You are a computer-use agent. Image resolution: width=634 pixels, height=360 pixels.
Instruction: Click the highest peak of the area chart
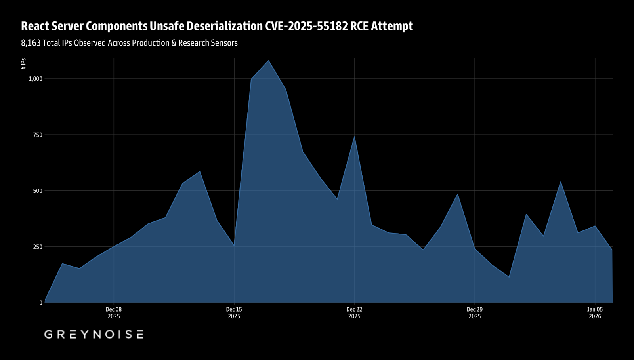[269, 61]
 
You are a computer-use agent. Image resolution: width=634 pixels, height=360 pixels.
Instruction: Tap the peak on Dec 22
[354, 137]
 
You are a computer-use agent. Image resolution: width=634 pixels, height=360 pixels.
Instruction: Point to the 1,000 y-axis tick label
[35, 79]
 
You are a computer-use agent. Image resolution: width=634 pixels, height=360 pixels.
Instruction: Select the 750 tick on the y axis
[38, 135]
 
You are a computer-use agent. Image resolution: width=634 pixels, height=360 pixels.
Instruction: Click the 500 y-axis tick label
[38, 191]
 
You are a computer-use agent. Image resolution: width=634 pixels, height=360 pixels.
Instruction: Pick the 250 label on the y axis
[38, 247]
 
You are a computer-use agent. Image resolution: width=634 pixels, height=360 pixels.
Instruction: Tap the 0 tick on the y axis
[41, 303]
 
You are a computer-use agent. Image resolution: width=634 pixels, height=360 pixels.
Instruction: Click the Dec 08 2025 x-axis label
[114, 313]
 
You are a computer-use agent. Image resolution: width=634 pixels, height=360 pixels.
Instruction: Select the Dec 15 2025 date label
[234, 313]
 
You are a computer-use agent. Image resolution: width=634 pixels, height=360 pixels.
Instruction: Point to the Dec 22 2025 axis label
[354, 313]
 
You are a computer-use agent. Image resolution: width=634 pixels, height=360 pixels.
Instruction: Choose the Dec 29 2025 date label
[474, 313]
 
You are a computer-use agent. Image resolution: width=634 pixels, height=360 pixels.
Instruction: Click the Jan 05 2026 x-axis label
[595, 313]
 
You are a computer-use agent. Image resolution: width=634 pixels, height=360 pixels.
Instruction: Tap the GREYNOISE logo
[94, 334]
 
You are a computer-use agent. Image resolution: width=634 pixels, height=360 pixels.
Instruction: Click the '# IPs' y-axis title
[24, 64]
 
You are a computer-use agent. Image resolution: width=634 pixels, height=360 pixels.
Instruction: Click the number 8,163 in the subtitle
[31, 43]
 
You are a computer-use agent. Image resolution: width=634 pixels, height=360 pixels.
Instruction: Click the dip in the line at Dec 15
[234, 246]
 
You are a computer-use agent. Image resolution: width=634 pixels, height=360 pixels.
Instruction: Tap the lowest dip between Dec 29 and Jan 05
[509, 277]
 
